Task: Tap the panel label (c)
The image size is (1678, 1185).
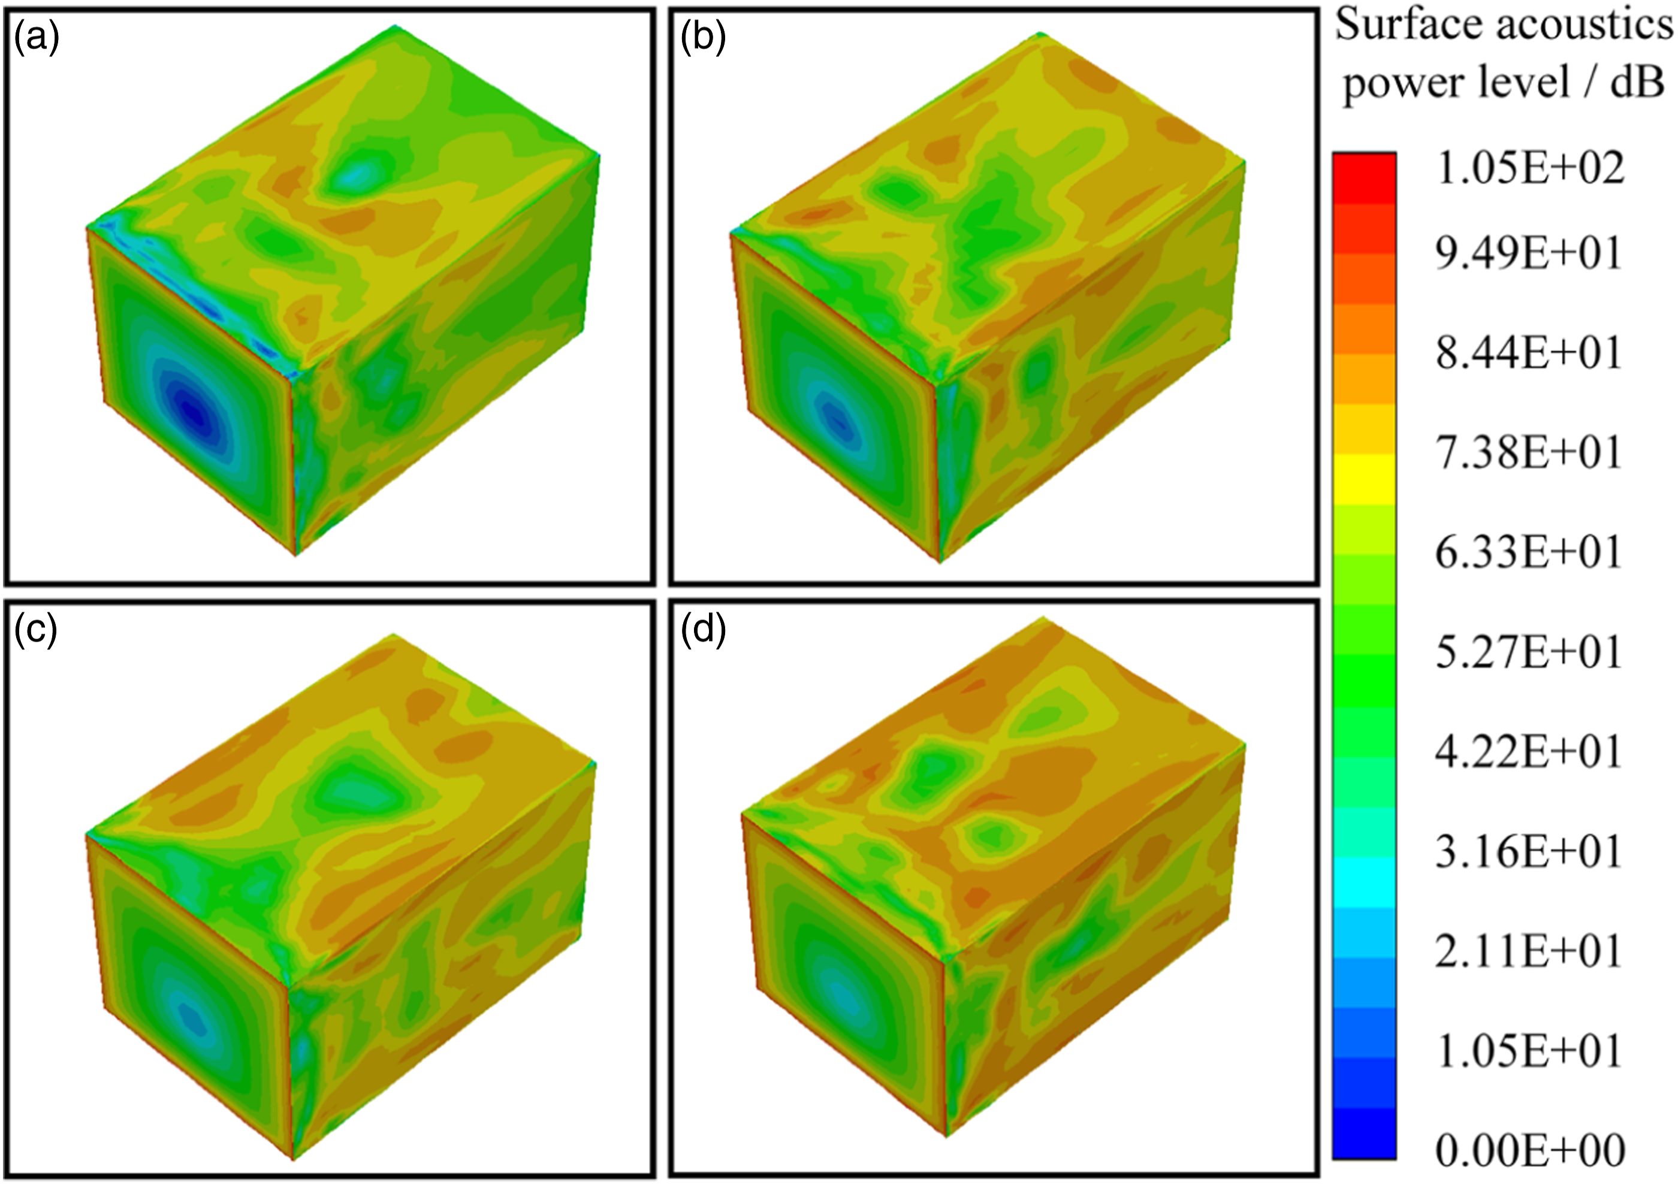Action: pyautogui.click(x=37, y=630)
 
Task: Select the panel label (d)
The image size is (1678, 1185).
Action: pyautogui.click(x=703, y=630)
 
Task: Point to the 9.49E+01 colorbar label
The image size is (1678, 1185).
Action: pyautogui.click(x=1529, y=253)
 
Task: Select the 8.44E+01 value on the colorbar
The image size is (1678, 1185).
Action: pyautogui.click(x=1529, y=353)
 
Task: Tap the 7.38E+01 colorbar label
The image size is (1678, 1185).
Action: pyautogui.click(x=1529, y=452)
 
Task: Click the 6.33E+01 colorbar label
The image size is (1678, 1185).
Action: pyautogui.click(x=1529, y=552)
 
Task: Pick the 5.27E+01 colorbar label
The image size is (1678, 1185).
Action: pyautogui.click(x=1529, y=652)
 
